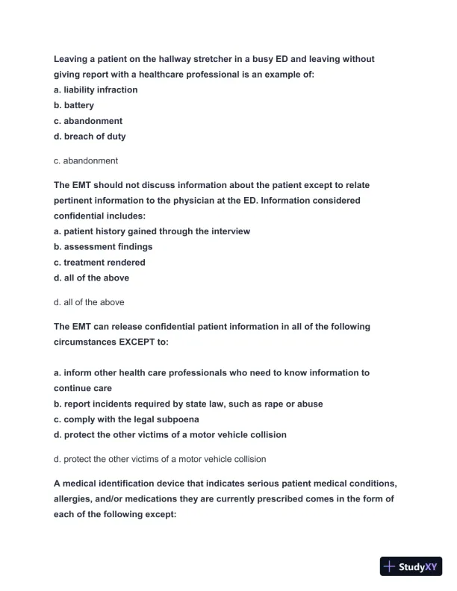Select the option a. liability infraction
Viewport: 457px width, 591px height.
96,90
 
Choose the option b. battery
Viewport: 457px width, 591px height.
74,105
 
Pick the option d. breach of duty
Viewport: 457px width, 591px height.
90,137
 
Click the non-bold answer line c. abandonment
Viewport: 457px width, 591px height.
86,160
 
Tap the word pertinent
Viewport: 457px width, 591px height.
73,201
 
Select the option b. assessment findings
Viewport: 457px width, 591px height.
103,246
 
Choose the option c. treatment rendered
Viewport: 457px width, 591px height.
99,262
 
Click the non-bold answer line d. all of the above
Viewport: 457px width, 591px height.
89,302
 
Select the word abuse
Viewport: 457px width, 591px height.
310,404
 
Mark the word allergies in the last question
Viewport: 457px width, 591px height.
73,498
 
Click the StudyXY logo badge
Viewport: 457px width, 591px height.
411,566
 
